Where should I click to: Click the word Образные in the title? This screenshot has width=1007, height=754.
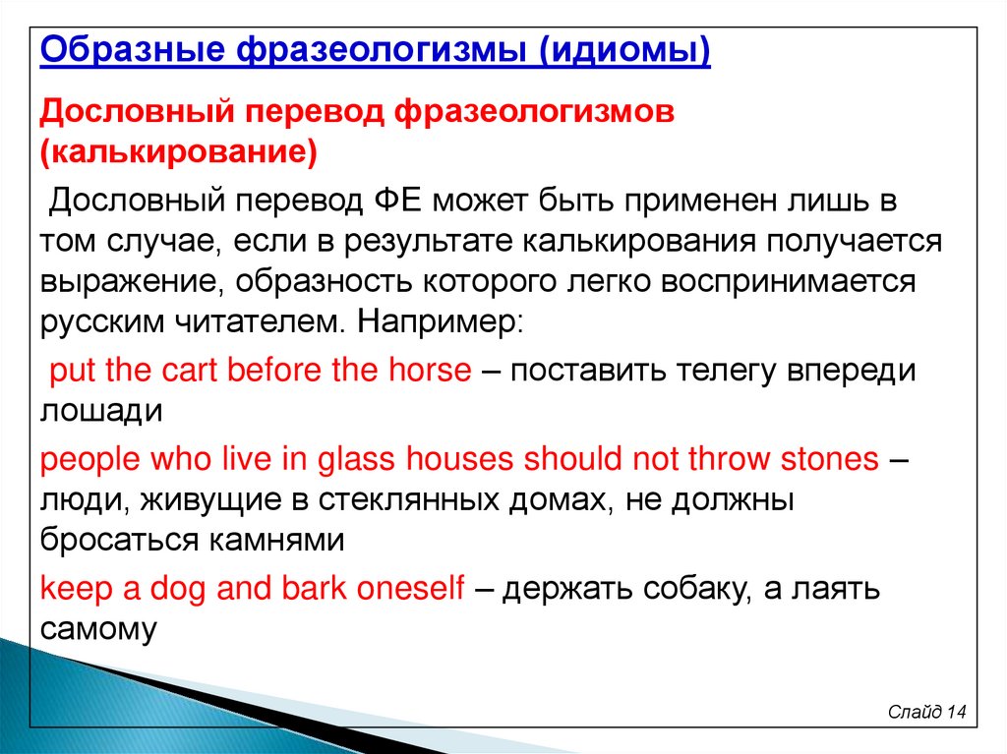click(x=133, y=49)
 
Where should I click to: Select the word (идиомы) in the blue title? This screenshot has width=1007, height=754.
click(x=624, y=51)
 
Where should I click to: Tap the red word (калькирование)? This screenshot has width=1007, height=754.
click(x=179, y=152)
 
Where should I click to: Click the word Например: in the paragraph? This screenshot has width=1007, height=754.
click(x=441, y=322)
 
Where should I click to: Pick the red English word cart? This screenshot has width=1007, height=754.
click(x=190, y=371)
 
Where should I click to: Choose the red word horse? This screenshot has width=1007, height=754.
click(x=431, y=371)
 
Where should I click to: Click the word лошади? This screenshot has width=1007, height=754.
click(x=101, y=412)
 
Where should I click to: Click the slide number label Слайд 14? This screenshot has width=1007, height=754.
click(x=926, y=712)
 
